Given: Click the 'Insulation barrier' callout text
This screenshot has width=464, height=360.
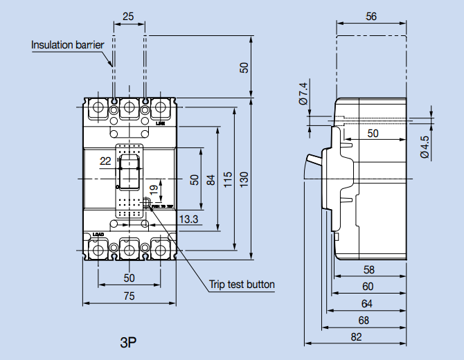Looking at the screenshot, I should tap(67, 45).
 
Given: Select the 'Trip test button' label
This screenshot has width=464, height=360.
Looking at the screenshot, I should tap(242, 285).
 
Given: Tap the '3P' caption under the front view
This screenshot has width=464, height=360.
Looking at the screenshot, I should tap(128, 341).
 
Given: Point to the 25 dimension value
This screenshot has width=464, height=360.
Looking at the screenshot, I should tap(129, 16).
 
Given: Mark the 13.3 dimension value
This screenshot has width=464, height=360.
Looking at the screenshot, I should tap(189, 219).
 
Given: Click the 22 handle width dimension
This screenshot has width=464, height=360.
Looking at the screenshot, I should tap(105, 161).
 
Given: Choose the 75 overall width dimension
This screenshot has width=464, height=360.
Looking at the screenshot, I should tap(129, 296).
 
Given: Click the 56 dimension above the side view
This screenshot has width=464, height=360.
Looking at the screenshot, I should tap(371, 17).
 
